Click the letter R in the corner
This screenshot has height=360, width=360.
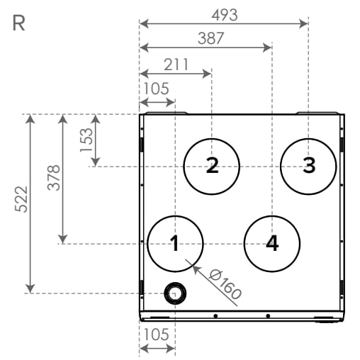18,23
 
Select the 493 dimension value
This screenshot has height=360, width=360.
225,15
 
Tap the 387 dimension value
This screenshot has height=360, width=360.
210,38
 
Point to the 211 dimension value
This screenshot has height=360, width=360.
176,64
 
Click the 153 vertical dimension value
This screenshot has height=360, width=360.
86,140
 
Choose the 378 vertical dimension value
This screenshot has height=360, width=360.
54,177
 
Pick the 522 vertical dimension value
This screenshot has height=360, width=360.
21,199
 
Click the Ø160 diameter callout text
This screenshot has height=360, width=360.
225,284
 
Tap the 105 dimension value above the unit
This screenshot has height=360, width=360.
157,89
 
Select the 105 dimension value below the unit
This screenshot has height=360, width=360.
157,334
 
